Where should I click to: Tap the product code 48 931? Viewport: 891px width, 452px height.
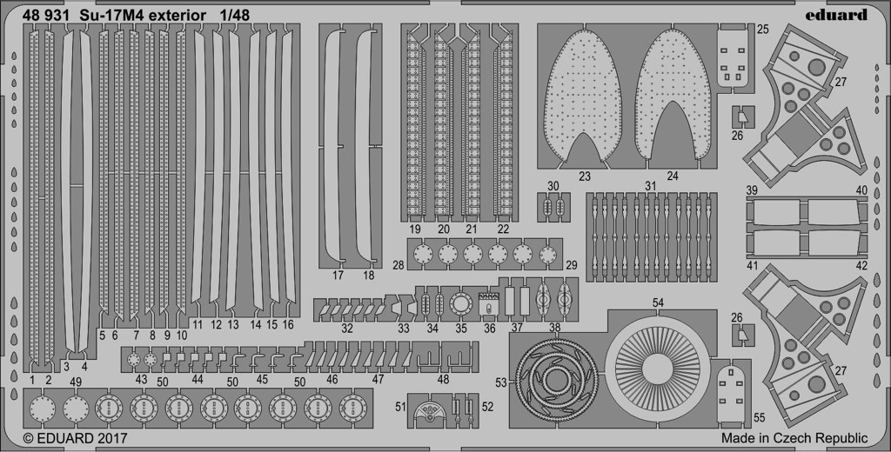[x=46, y=16]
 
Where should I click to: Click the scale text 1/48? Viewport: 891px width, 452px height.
[x=234, y=16]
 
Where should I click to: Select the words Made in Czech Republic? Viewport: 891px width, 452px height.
[x=794, y=438]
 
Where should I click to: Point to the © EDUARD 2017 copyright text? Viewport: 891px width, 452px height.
[x=75, y=438]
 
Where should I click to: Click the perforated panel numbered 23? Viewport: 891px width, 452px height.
[x=583, y=96]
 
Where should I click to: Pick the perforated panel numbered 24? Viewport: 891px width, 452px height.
[x=673, y=96]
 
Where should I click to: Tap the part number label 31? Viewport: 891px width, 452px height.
[x=650, y=186]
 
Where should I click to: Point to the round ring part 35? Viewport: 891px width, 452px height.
[x=459, y=305]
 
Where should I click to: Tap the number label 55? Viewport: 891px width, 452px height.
[x=759, y=418]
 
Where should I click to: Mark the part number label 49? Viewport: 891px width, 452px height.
[x=76, y=382]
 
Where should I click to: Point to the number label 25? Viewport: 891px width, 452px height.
[x=762, y=29]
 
